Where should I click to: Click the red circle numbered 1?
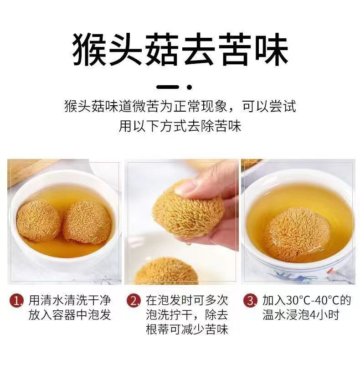pyautogui.click(x=16, y=301)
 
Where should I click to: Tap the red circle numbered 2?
pyautogui.click(x=134, y=301)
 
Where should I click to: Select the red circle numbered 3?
pyautogui.click(x=250, y=301)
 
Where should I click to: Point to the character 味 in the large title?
pyautogui.click(x=271, y=50)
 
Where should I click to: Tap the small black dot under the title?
pyautogui.click(x=190, y=87)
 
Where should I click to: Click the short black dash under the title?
pyautogui.click(x=168, y=87)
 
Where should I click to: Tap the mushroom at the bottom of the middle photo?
pyautogui.click(x=167, y=271)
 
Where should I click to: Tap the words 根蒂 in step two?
pyautogui.click(x=158, y=329)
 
